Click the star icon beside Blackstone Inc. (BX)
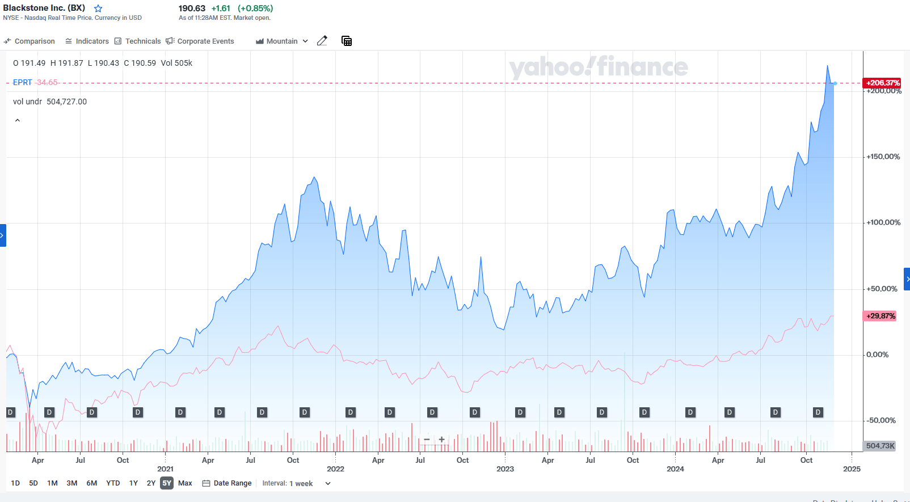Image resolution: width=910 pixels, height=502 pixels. (98, 9)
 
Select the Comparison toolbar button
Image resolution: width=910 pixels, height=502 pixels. (30, 41)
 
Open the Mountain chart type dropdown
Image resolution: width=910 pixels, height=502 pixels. (282, 41)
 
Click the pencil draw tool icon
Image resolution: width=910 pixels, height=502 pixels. (322, 41)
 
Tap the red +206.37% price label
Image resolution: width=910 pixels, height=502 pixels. (882, 83)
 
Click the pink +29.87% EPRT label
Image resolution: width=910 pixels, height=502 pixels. (880, 316)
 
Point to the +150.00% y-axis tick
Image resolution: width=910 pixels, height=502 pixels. (883, 157)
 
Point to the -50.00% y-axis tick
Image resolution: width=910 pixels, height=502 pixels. (881, 420)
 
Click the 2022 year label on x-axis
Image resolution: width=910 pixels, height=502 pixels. (335, 469)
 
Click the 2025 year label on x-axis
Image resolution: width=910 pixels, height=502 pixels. (852, 469)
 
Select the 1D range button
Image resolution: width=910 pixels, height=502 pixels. (15, 483)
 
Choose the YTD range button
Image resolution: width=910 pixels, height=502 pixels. (113, 483)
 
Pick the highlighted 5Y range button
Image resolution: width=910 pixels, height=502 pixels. (167, 483)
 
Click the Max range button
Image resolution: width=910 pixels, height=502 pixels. (185, 483)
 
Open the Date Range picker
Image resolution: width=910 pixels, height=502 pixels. (227, 483)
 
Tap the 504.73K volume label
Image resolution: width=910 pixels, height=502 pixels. (880, 446)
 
